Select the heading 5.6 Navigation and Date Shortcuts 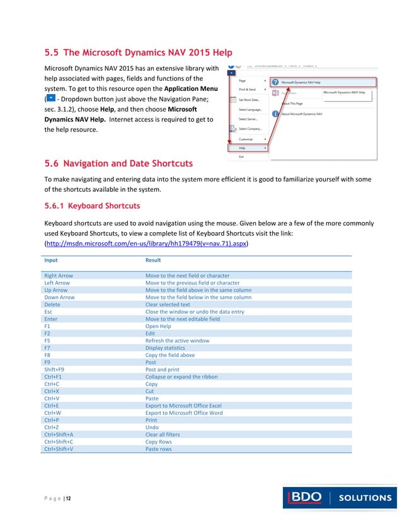click(x=118, y=164)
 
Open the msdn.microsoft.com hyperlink click(x=146, y=243)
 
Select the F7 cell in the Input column click(x=48, y=348)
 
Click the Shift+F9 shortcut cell click(x=54, y=370)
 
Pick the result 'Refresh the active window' click(x=177, y=341)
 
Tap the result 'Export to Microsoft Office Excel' click(x=183, y=406)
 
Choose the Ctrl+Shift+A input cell click(x=59, y=435)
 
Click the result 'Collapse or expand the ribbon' click(x=181, y=377)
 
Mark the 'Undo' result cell click(x=152, y=427)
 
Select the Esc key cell click(x=49, y=312)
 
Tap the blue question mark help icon click(x=275, y=82)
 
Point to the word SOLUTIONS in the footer click(x=365, y=498)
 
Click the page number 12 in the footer click(x=67, y=499)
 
